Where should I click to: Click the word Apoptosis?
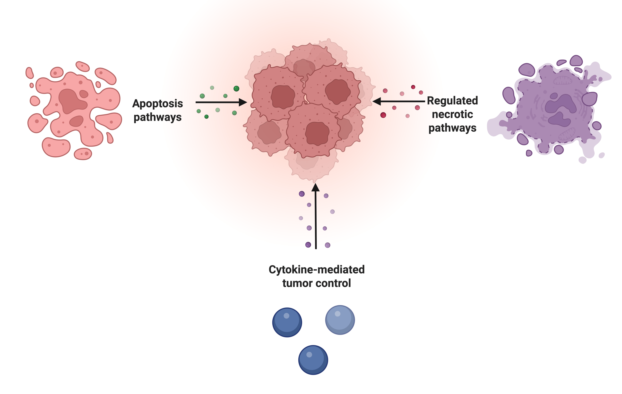[x=158, y=104]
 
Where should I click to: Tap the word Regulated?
[x=452, y=101]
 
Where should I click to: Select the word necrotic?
[x=452, y=114]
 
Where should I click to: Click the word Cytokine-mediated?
[x=316, y=270]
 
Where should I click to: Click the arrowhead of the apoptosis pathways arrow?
[x=243, y=102]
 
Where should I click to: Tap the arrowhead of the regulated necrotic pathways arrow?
[x=377, y=101]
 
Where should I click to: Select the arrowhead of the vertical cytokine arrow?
[x=315, y=188]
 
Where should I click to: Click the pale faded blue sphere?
[x=340, y=320]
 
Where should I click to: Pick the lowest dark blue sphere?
[x=313, y=360]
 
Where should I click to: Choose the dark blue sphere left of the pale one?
[x=287, y=322]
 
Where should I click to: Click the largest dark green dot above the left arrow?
[x=236, y=89]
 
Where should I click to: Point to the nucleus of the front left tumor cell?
[x=283, y=97]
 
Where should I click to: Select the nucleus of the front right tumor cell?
[x=337, y=91]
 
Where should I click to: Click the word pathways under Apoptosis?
[x=158, y=117]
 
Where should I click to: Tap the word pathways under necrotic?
[x=452, y=128]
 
